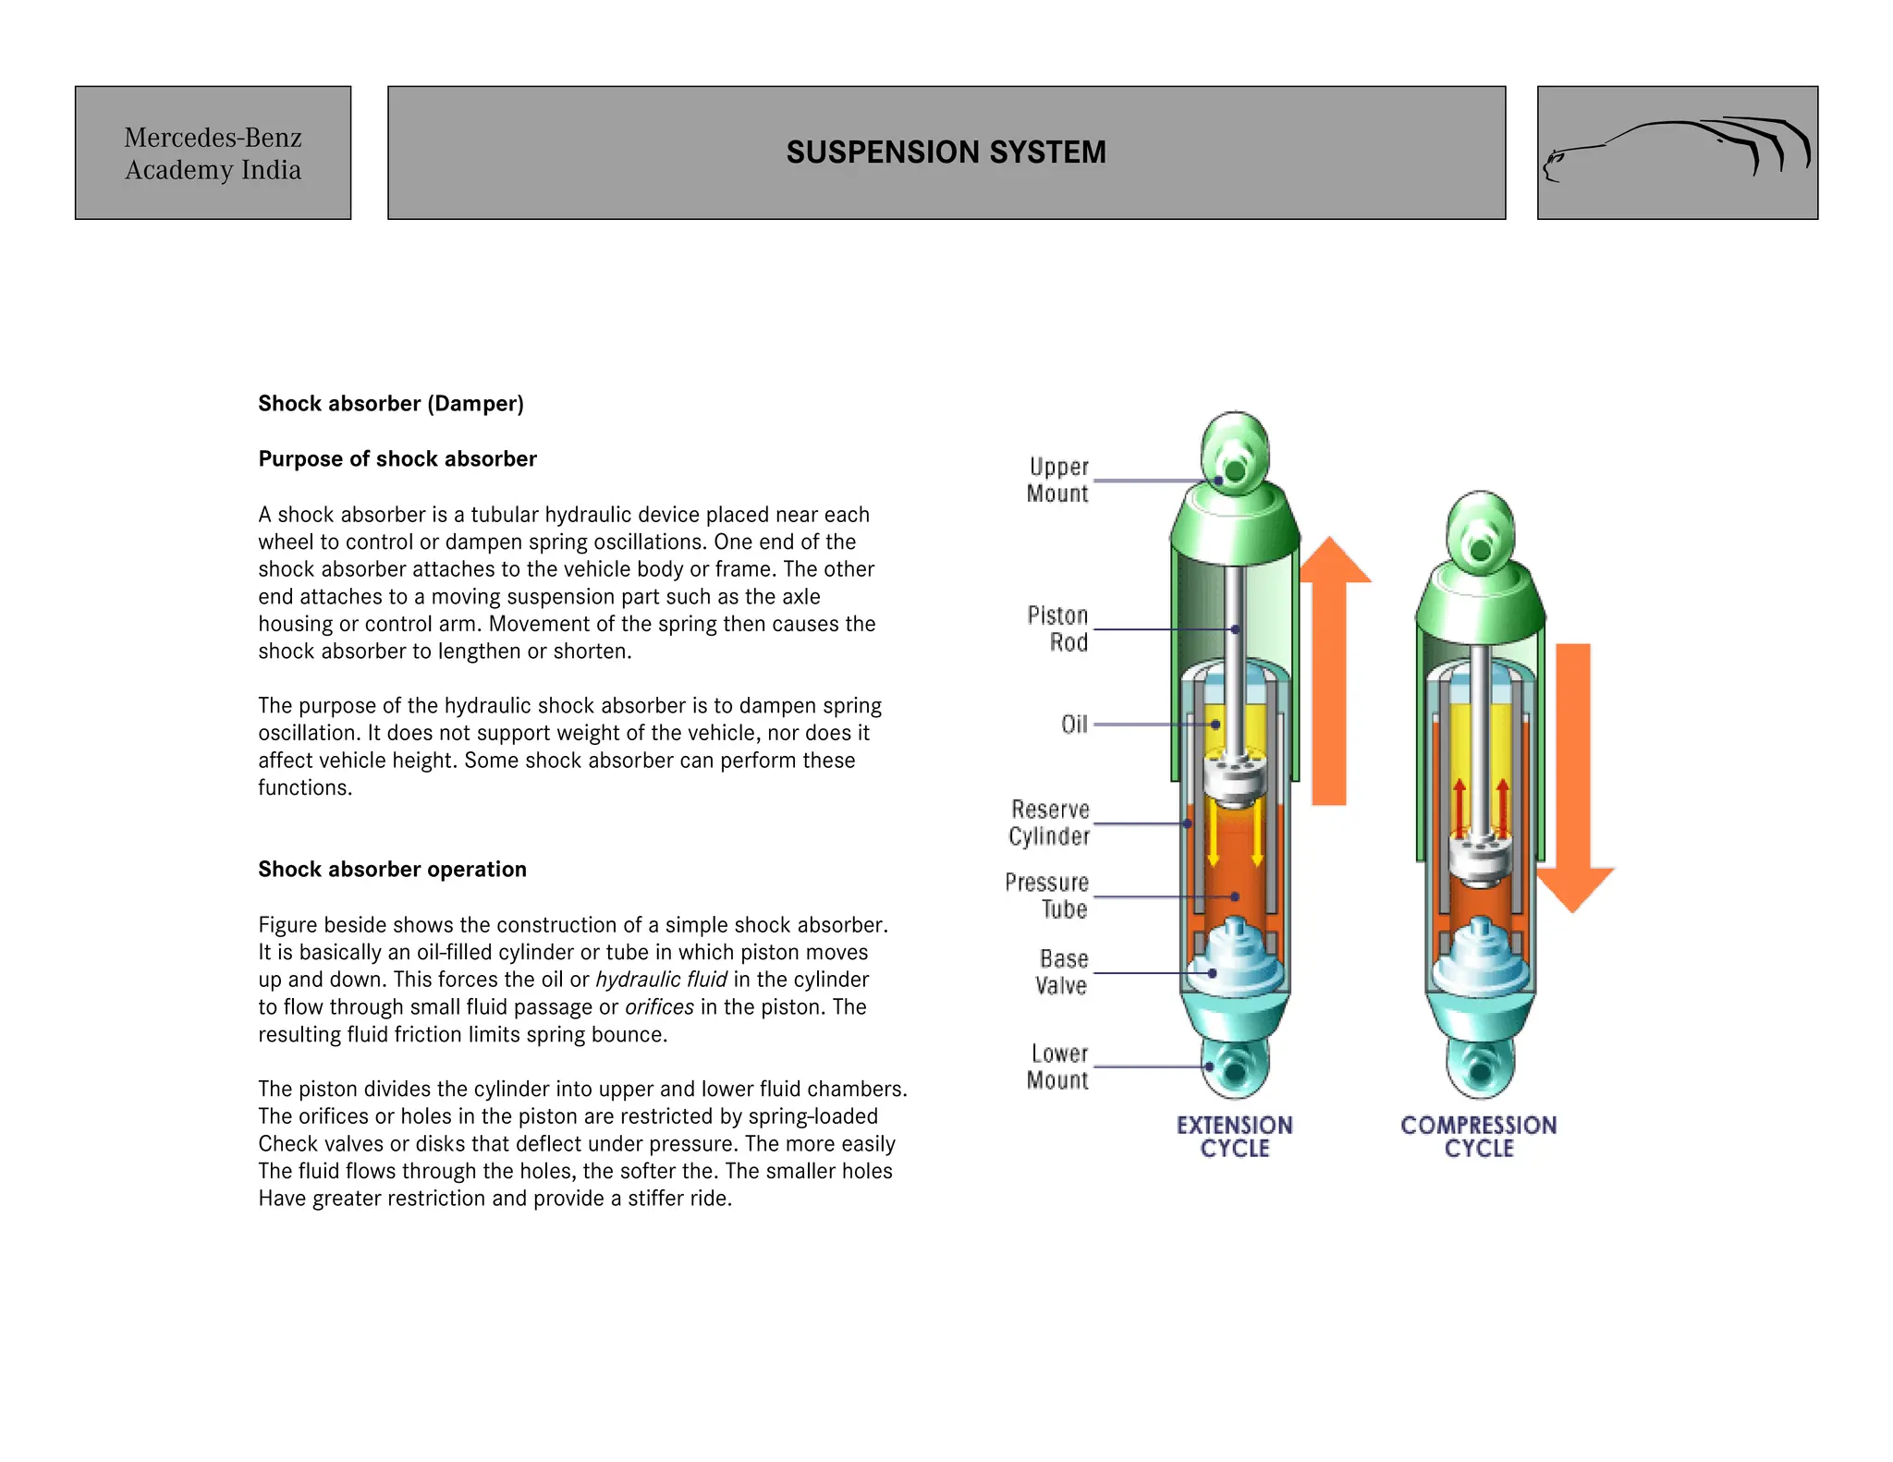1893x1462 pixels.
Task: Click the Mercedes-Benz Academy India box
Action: pyautogui.click(x=213, y=153)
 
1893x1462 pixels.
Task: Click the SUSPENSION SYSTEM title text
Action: pyautogui.click(x=946, y=152)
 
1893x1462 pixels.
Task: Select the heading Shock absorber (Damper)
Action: pyautogui.click(x=391, y=404)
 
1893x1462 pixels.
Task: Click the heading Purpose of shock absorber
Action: pyautogui.click(x=397, y=459)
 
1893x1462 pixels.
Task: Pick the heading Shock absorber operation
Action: pyautogui.click(x=392, y=870)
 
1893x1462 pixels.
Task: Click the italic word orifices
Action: pyautogui.click(x=659, y=1007)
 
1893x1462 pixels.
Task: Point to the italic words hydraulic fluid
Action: pyautogui.click(x=661, y=980)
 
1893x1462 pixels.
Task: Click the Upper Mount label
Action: pyautogui.click(x=1058, y=481)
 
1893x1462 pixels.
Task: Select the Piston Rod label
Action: pyautogui.click(x=1058, y=629)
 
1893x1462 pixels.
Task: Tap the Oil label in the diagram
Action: pyautogui.click(x=1074, y=725)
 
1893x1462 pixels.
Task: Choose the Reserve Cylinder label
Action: pyautogui.click(x=1050, y=823)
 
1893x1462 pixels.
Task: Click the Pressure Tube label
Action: pyautogui.click(x=1047, y=896)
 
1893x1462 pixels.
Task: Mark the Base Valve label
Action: pyautogui.click(x=1062, y=972)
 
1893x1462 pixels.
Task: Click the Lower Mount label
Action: pyautogui.click(x=1058, y=1067)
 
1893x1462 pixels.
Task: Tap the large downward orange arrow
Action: pyautogui.click(x=1573, y=776)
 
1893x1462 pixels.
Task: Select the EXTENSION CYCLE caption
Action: pyautogui.click(x=1235, y=1138)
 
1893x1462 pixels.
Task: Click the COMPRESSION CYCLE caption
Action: pyautogui.click(x=1478, y=1138)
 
